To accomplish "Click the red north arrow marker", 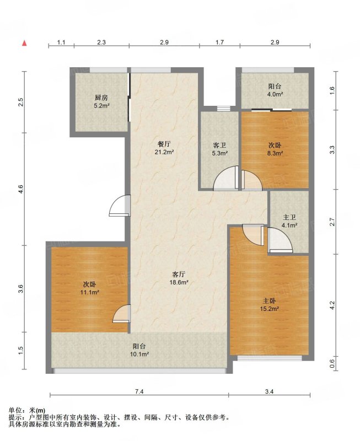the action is [25, 43].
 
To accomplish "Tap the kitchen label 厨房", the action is [101, 98].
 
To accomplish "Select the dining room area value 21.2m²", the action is [164, 152].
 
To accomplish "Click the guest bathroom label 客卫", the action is [219, 146].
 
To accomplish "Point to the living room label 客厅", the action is [178, 274].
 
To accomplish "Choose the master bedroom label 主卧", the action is [269, 301].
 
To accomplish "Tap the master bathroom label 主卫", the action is [289, 217].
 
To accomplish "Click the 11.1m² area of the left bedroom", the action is [89, 293].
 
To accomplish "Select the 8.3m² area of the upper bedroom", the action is [275, 153].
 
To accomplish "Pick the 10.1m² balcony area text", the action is [139, 354].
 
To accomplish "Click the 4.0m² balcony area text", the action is [275, 94].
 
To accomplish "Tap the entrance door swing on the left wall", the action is [120, 206].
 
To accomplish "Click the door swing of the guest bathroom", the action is [226, 178].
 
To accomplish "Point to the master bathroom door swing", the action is [280, 240].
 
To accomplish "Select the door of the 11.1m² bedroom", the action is [121, 314].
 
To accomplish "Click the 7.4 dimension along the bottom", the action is [139, 391].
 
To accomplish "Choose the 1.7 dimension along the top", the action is [219, 42].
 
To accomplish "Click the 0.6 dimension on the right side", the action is [332, 364].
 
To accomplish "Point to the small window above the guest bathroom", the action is [224, 108].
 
